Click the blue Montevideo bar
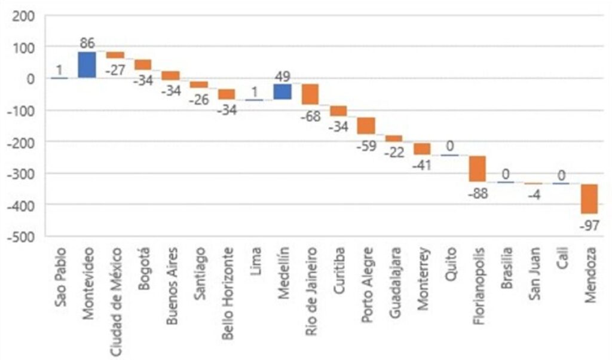point(87,65)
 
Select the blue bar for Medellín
point(283,91)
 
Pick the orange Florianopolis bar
point(478,168)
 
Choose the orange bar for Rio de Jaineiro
point(310,94)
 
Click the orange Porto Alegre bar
point(366,126)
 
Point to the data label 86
point(87,44)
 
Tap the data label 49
point(283,76)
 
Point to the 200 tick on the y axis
point(23,16)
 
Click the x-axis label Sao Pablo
point(60,275)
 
